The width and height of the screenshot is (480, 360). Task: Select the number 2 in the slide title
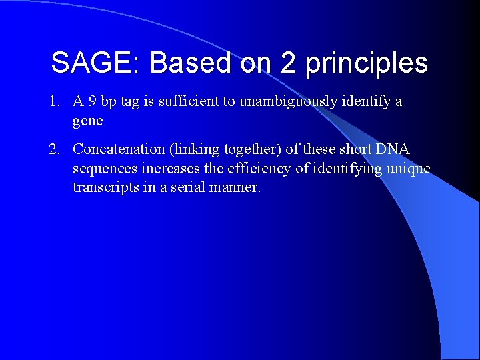[x=288, y=63]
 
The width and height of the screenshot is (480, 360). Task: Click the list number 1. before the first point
[x=55, y=102]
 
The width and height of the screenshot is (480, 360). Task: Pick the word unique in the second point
[x=410, y=169]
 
